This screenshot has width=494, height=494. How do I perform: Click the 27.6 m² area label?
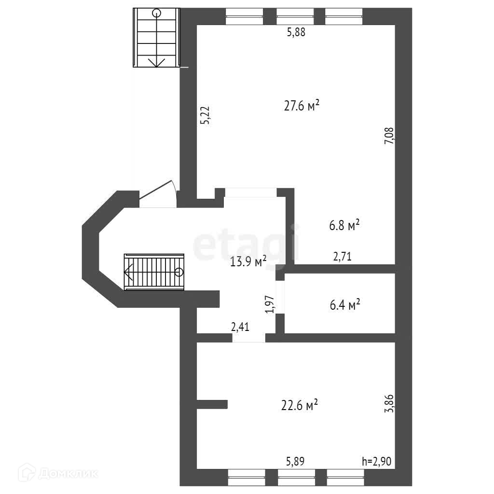pyautogui.click(x=302, y=106)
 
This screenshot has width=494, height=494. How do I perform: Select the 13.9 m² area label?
pyautogui.click(x=248, y=262)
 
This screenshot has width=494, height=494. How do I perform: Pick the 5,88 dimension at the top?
pyautogui.click(x=296, y=33)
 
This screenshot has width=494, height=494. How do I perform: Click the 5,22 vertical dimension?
pyautogui.click(x=206, y=116)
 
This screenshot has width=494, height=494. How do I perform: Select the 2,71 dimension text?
pyautogui.click(x=343, y=257)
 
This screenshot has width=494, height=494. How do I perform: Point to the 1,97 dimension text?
pyautogui.click(x=270, y=304)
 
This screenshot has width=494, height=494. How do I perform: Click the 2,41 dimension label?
pyautogui.click(x=240, y=328)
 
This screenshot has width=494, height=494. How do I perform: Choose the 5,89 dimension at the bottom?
pyautogui.click(x=295, y=461)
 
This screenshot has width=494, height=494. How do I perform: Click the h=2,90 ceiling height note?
pyautogui.click(x=376, y=461)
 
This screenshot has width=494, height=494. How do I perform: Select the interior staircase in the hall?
pyautogui.click(x=154, y=272)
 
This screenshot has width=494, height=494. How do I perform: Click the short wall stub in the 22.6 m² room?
pyautogui.click(x=212, y=404)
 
